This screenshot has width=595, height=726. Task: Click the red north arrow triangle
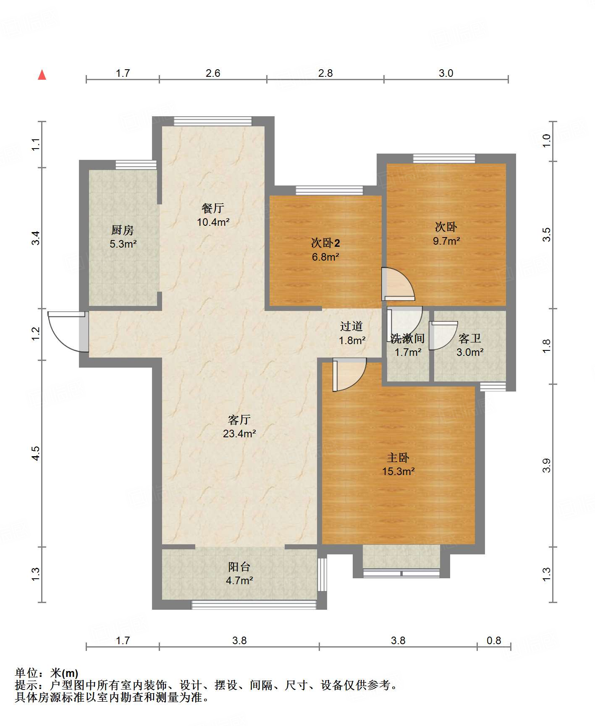pyautogui.click(x=42, y=75)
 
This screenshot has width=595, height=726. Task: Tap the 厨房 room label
pyautogui.click(x=122, y=230)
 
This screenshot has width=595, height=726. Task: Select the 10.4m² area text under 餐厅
pyautogui.click(x=213, y=222)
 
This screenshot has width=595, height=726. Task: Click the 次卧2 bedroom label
pyautogui.click(x=325, y=243)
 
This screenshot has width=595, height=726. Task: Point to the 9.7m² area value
pyautogui.click(x=446, y=241)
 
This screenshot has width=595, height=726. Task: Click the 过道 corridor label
pyautogui.click(x=351, y=326)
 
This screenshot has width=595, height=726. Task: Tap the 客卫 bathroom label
pyautogui.click(x=469, y=338)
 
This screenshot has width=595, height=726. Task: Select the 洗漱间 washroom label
pyautogui.click(x=407, y=338)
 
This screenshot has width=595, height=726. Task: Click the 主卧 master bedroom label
pyautogui.click(x=398, y=457)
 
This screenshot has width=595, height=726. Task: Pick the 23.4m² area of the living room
pyautogui.click(x=239, y=434)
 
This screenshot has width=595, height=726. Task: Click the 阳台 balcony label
pyautogui.click(x=239, y=567)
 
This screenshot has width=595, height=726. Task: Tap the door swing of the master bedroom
pyautogui.click(x=349, y=374)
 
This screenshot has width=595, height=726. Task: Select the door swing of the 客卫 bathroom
pyautogui.click(x=442, y=335)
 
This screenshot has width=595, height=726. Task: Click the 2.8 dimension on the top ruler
pyautogui.click(x=325, y=73)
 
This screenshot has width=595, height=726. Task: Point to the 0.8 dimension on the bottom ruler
pyautogui.click(x=494, y=641)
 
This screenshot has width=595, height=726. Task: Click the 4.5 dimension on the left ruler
pyautogui.click(x=36, y=453)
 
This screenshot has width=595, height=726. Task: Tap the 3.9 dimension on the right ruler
pyautogui.click(x=546, y=466)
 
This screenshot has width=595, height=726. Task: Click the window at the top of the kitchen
pyautogui.click(x=136, y=165)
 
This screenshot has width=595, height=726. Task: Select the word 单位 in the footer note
pyautogui.click(x=26, y=673)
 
